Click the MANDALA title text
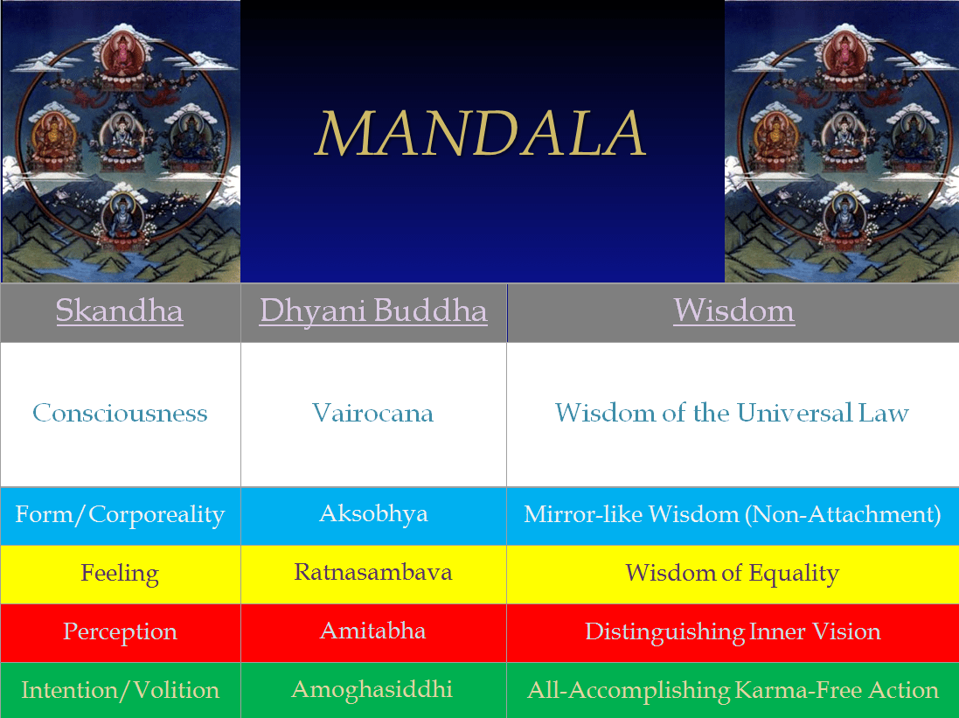click(481, 134)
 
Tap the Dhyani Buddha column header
click(373, 311)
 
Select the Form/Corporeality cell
click(120, 515)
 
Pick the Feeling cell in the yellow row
click(120, 574)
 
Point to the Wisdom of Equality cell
click(732, 574)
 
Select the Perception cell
click(120, 631)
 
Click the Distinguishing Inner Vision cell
click(733, 631)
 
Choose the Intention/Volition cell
click(120, 690)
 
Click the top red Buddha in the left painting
click(124, 55)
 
